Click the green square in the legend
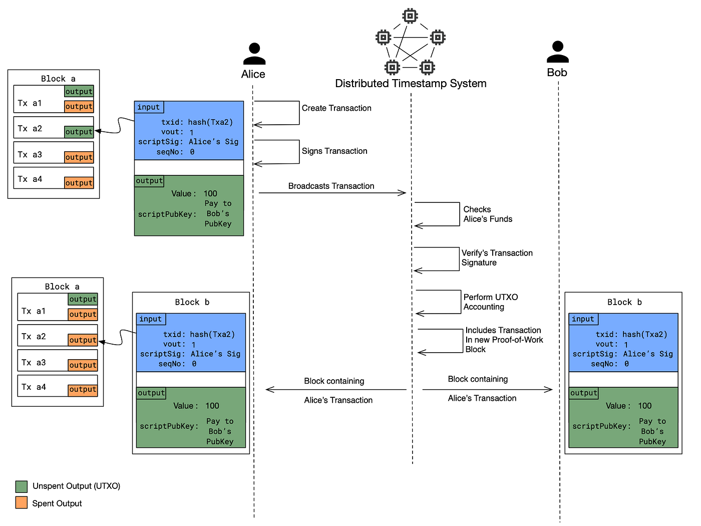click(x=21, y=486)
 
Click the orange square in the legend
click(x=21, y=502)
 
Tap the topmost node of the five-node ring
click(x=410, y=16)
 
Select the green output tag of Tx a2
click(x=79, y=132)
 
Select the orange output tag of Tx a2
click(x=83, y=340)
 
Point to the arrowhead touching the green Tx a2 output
click(x=97, y=131)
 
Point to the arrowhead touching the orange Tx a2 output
click(x=101, y=342)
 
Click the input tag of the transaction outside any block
click(x=149, y=107)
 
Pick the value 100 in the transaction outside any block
click(x=210, y=193)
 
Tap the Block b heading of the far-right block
click(x=624, y=302)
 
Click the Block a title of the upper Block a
click(x=58, y=79)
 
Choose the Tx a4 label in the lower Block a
click(x=34, y=387)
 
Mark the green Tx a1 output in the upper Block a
click(x=79, y=91)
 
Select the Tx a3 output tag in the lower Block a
click(x=83, y=365)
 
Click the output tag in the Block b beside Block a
click(x=151, y=393)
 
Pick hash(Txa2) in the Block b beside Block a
click(x=212, y=334)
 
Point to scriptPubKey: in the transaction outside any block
click(x=167, y=214)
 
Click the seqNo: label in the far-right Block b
click(x=604, y=364)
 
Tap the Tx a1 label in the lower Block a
click(x=34, y=311)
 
